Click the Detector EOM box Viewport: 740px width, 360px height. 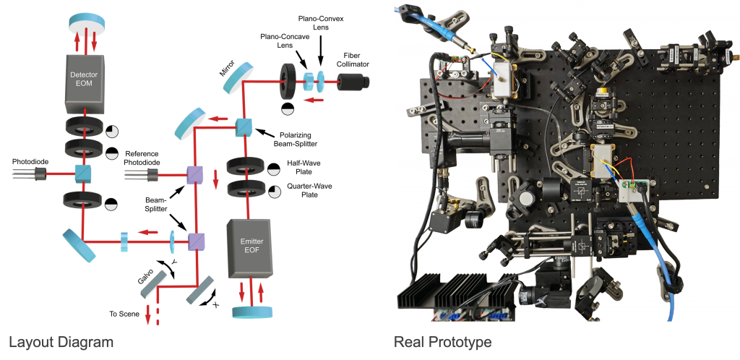(85, 81)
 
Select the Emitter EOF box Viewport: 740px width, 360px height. (249, 248)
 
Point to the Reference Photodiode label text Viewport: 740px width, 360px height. (142, 158)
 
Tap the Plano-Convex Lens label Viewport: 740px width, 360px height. (321, 23)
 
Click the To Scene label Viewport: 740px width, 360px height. (124, 314)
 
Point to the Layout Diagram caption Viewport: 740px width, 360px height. (61, 342)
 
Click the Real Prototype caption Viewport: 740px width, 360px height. (443, 342)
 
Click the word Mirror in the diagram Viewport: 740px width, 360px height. (228, 67)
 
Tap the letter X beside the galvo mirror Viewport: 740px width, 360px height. (216, 305)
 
